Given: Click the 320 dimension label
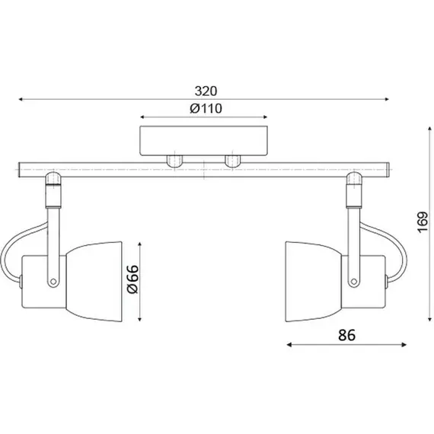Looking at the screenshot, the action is (x=206, y=91).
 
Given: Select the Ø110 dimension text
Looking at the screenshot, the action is (x=206, y=108).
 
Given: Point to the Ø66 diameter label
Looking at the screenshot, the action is (x=132, y=279).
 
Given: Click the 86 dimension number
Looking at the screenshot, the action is (x=346, y=335).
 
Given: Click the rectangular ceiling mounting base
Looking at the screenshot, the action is (x=203, y=141).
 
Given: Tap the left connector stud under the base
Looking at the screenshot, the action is (x=174, y=161).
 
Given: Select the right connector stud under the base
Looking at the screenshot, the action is (x=233, y=161).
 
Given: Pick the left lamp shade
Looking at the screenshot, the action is (x=94, y=282).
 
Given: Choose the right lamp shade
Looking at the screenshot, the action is (x=314, y=282).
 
